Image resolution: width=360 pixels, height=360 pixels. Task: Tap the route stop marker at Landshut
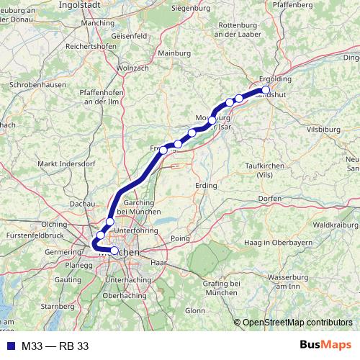[x=266, y=91]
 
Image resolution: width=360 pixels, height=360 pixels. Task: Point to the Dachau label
[x=83, y=204]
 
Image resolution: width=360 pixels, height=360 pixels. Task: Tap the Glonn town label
[x=194, y=310]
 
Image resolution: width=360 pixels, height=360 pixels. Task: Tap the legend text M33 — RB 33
[x=55, y=346]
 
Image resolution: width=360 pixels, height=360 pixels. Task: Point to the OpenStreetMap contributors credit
[x=299, y=322]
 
